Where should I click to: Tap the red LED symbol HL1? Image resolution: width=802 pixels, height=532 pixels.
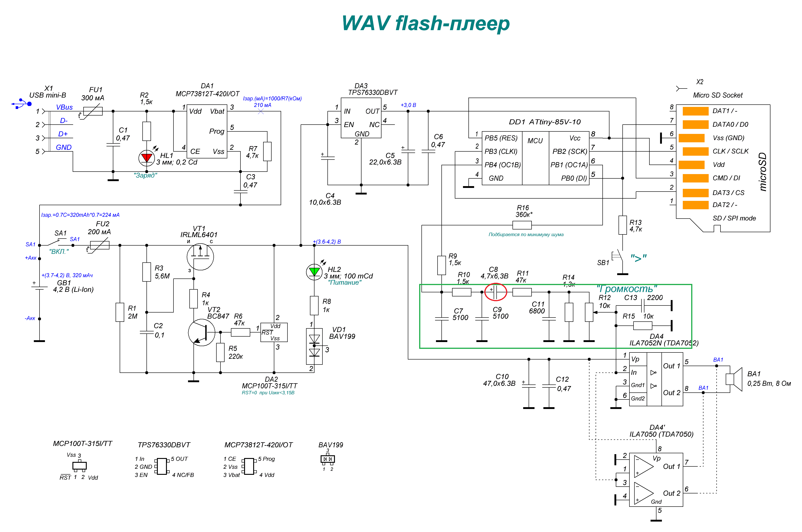[147, 158]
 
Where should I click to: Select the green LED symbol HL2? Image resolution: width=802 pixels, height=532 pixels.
[314, 272]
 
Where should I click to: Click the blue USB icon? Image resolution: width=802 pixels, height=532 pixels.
[21, 103]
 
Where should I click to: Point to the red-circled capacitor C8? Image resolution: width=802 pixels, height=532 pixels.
[495, 292]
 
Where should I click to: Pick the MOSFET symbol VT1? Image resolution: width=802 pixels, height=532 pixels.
[200, 256]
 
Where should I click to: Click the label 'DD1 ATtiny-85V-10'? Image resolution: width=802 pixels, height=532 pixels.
[545, 122]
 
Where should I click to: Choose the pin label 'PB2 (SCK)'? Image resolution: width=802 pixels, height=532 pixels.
[569, 151]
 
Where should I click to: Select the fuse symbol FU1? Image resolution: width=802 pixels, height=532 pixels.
[93, 111]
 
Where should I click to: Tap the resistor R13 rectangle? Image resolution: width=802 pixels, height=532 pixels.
[622, 225]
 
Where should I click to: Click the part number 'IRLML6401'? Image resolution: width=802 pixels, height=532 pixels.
[199, 234]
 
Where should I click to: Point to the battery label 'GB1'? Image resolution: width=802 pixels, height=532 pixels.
[64, 283]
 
